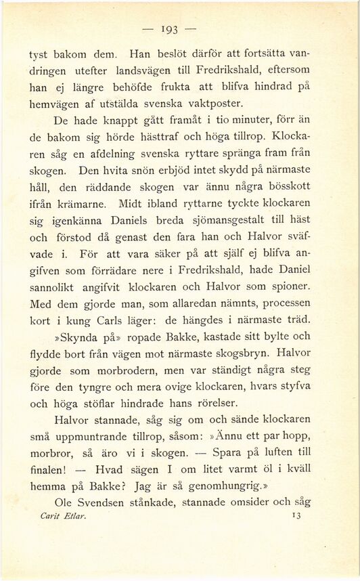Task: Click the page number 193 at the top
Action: (180, 29)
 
